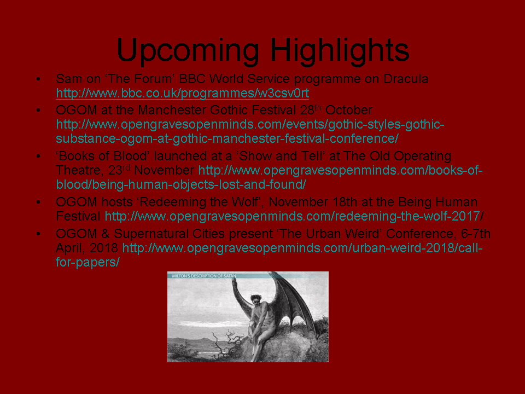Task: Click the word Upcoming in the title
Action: click(x=188, y=50)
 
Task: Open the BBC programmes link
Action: click(x=183, y=93)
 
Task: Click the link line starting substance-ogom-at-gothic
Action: click(x=227, y=138)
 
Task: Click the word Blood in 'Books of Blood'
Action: click(x=131, y=156)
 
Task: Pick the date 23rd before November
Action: click(x=119, y=170)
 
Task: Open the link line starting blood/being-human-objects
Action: click(x=181, y=184)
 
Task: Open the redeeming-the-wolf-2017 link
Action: click(x=294, y=216)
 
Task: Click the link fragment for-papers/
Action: click(x=87, y=262)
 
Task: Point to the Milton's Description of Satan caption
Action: click(x=204, y=276)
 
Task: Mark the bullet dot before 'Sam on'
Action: click(x=38, y=79)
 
